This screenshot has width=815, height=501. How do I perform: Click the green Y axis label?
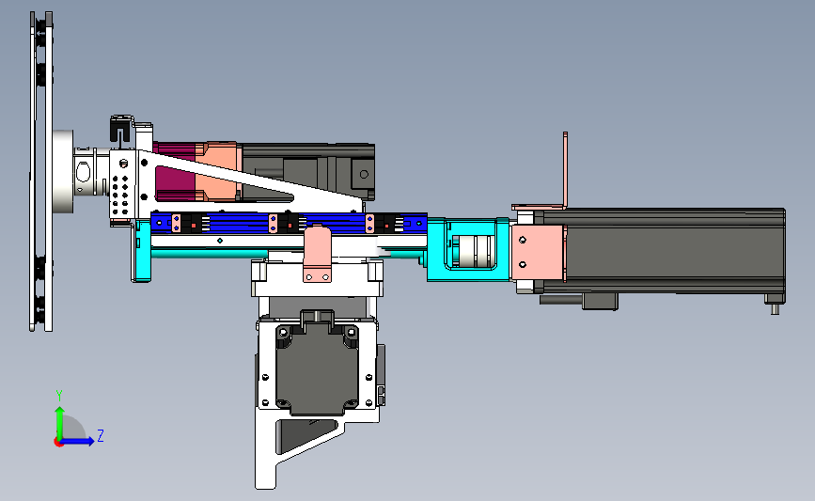[x=58, y=396]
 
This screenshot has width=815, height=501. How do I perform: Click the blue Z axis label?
[x=101, y=435]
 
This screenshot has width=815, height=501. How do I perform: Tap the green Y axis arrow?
[x=60, y=423]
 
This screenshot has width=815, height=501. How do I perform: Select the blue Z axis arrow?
[x=78, y=441]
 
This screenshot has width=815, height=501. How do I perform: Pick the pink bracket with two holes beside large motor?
[x=538, y=253]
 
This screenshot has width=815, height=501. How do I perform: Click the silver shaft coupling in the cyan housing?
[x=474, y=250]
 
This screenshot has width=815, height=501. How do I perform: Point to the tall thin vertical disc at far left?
[x=41, y=171]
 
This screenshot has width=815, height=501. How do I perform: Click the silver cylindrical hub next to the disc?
[x=63, y=171]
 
